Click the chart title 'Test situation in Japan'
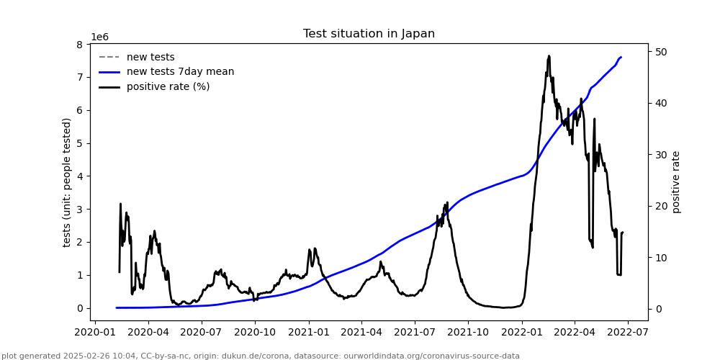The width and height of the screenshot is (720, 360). pos(369,34)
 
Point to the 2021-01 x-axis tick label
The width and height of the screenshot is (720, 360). pos(308,333)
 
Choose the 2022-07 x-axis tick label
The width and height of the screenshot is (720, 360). pos(627,333)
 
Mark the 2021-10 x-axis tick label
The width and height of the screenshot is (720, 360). pos(467,333)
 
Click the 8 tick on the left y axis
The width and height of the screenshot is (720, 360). pos(82,45)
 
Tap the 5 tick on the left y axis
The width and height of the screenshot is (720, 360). pos(82,143)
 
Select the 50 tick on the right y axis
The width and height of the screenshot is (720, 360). pos(661,52)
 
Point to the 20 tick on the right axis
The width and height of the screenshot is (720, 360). pos(661,206)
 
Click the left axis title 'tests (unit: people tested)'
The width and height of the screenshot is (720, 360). pos(67,182)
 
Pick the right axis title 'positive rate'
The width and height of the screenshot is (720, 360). pos(676,182)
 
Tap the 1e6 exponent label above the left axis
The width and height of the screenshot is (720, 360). pos(99,37)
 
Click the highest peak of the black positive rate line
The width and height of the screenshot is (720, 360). pos(549,55)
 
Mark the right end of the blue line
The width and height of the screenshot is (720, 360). pos(621,57)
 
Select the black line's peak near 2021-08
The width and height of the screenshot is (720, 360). pos(447,202)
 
